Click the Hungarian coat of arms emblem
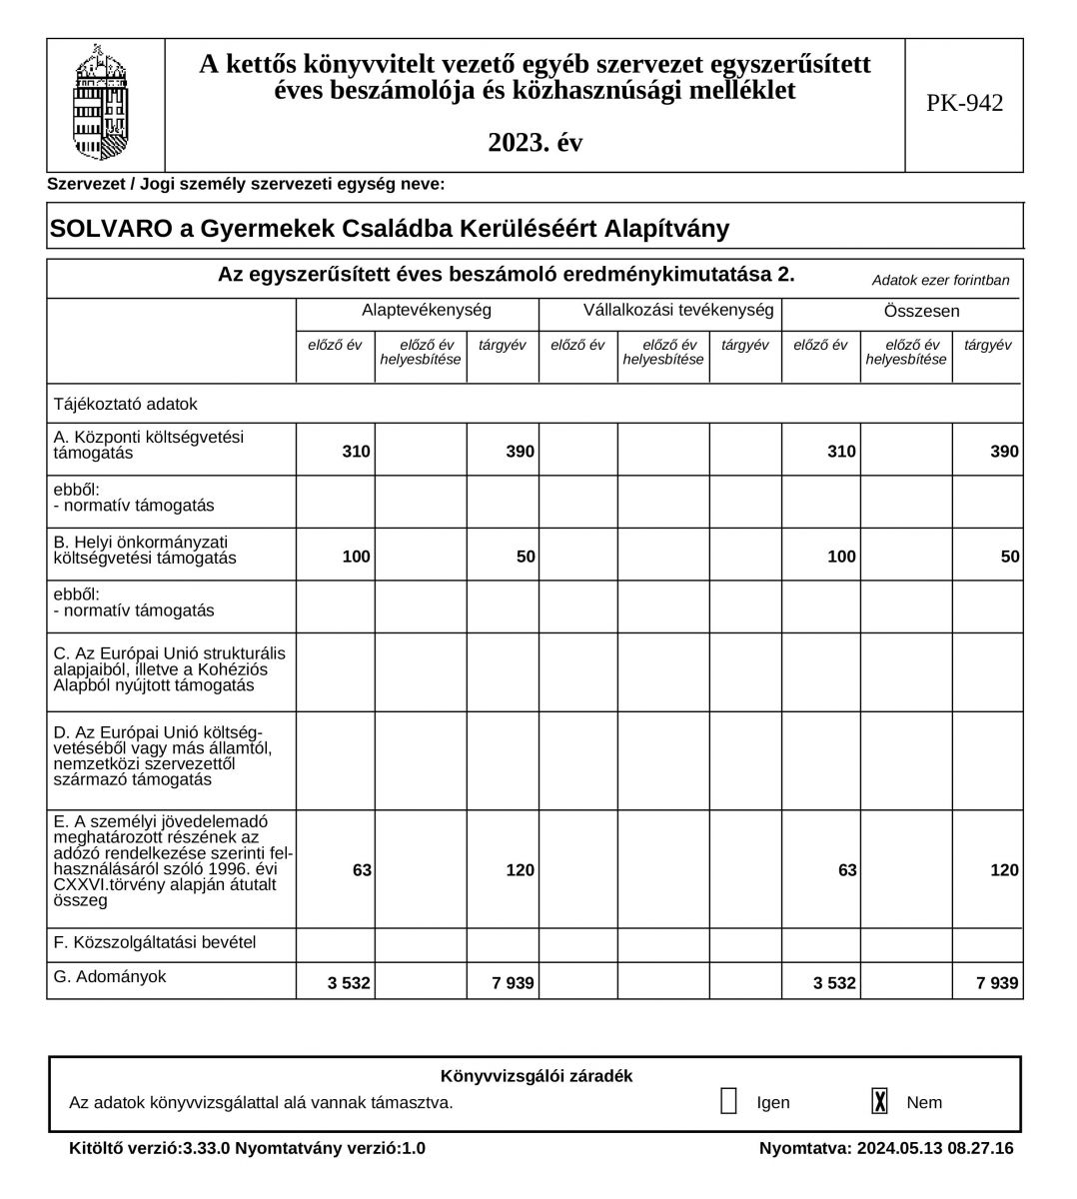102,104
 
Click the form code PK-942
964,104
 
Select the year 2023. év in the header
535,143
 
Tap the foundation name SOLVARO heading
390,229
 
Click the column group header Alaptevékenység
427,311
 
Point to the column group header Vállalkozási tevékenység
678,311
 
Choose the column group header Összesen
921,312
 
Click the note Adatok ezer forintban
940,281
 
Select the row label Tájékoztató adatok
125,405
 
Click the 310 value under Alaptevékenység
356,452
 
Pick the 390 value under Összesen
1004,452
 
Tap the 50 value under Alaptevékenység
526,557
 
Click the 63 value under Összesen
847,870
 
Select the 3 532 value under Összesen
834,983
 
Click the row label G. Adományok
109,977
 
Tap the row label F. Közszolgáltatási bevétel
154,941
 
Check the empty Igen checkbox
728,1101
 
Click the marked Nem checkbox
879,1101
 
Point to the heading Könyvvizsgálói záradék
536,1076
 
